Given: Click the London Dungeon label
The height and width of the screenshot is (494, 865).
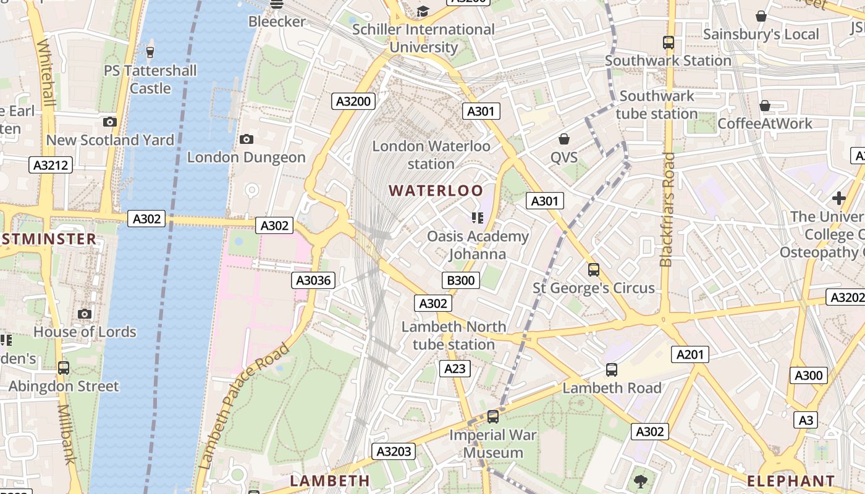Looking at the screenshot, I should tap(247, 157).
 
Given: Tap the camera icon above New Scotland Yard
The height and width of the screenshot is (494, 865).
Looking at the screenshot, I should tap(110, 122).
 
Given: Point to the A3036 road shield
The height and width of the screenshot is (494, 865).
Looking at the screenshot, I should tap(313, 280).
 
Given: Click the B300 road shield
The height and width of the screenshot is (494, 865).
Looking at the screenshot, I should tap(461, 280).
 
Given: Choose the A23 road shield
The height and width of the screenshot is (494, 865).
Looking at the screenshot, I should tap(455, 369).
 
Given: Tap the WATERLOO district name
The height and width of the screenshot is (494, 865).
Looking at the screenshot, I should tap(436, 191).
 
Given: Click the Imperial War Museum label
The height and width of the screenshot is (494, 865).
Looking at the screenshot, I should tap(493, 443).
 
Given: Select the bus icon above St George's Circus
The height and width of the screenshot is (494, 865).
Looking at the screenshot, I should tap(594, 270).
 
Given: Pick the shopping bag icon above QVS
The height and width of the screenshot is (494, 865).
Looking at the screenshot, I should tap(563, 139).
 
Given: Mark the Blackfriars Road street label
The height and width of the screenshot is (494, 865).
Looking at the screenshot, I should tap(667, 210).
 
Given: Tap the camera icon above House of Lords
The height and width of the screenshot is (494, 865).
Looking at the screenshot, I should tap(85, 314).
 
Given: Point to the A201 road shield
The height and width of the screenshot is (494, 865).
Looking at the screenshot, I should tap(690, 354).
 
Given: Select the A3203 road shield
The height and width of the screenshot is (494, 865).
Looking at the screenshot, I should tap(394, 451).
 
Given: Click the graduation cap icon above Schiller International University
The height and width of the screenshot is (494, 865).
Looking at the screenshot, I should tap(423, 11).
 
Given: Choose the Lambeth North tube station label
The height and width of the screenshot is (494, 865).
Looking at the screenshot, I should tap(454, 335).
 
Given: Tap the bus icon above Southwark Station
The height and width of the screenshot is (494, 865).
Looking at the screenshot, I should tap(668, 43).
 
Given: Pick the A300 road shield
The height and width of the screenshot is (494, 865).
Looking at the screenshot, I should tap(808, 375).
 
